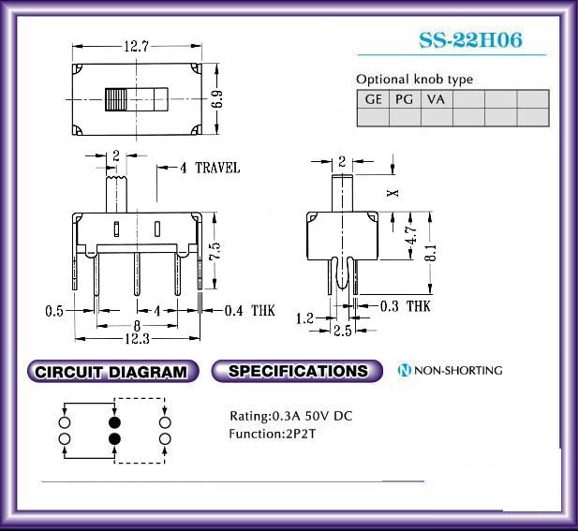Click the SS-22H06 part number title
(x=470, y=39)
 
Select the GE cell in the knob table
(x=373, y=99)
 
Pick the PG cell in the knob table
(x=405, y=99)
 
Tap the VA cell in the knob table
(x=437, y=99)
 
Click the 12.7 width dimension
(x=137, y=47)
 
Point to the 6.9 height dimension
(x=217, y=99)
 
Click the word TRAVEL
(x=217, y=168)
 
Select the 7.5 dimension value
(x=215, y=251)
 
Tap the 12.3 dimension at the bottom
(x=137, y=339)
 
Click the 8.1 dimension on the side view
(x=430, y=253)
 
